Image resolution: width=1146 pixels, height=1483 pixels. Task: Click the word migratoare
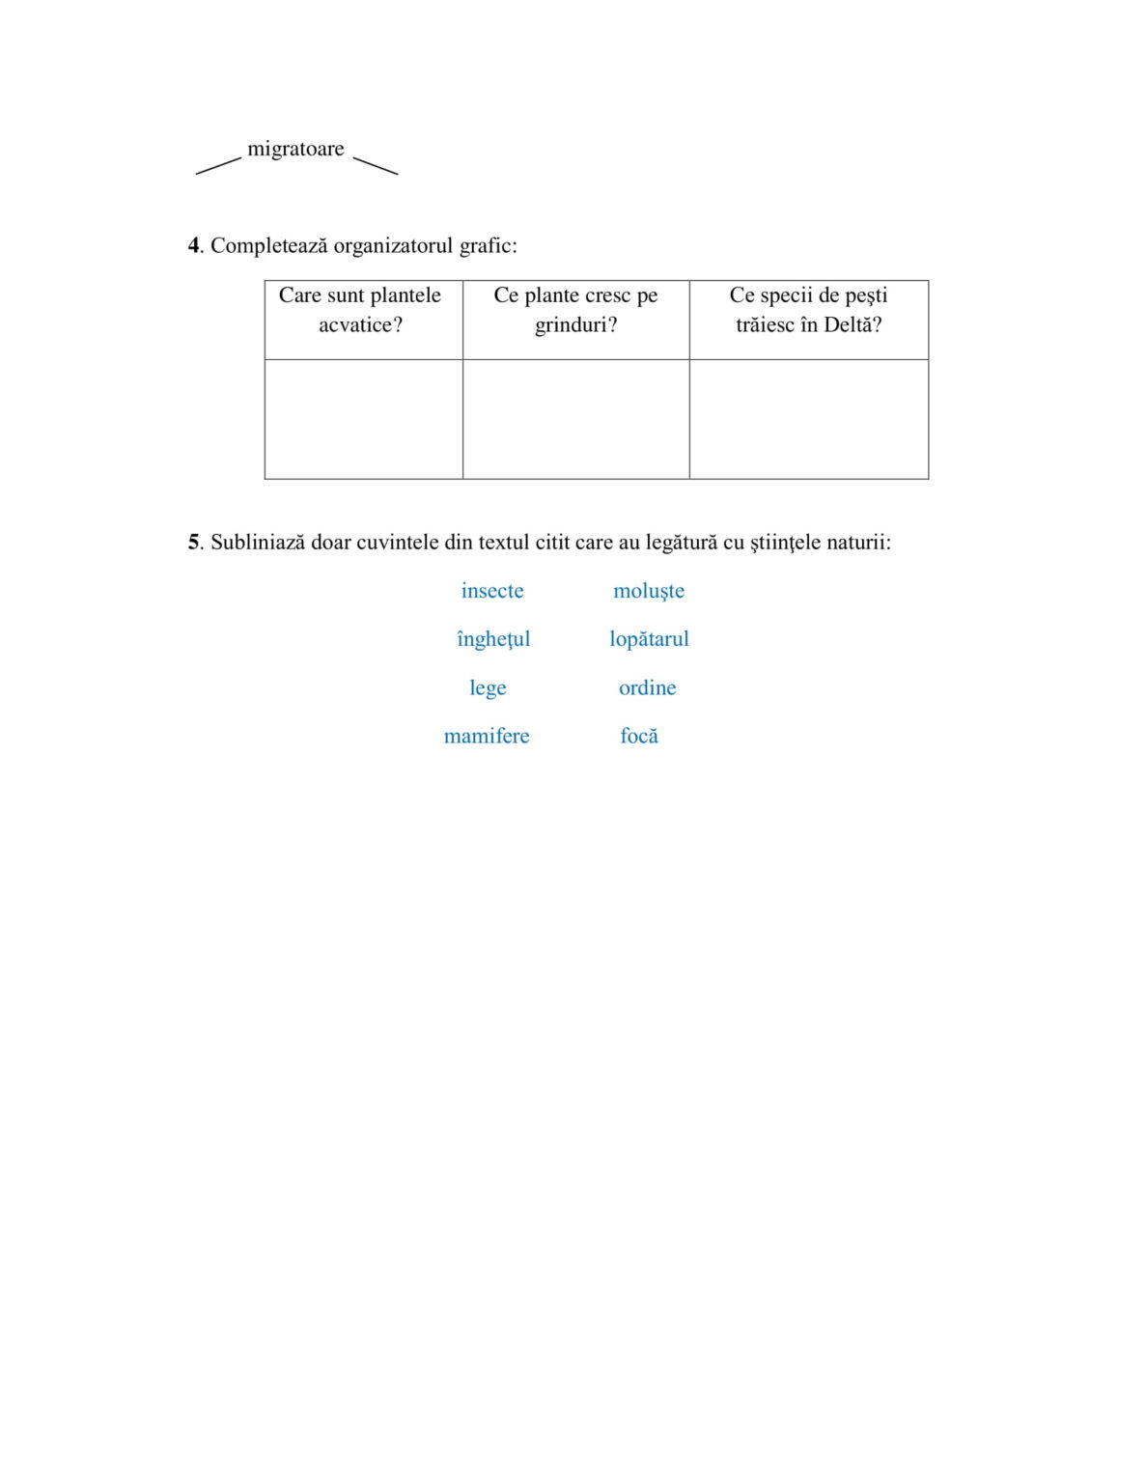(x=295, y=149)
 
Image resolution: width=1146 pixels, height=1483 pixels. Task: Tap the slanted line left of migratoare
(x=218, y=166)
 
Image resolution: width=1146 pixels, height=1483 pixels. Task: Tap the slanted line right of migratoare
(x=376, y=166)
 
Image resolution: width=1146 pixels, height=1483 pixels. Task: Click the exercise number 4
(x=193, y=246)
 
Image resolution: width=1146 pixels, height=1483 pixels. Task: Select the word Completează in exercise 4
(x=268, y=246)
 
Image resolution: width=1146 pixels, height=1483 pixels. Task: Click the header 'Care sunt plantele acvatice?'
(x=360, y=310)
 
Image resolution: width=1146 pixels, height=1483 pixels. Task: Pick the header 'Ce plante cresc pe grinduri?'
(x=575, y=310)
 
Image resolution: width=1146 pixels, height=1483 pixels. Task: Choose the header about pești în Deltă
(x=808, y=310)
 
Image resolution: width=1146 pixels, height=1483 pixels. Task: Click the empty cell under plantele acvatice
(x=364, y=419)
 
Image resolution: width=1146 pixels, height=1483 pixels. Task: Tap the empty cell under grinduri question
(x=575, y=419)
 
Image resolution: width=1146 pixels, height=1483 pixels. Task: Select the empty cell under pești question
(x=808, y=419)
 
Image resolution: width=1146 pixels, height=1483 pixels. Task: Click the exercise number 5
(x=193, y=543)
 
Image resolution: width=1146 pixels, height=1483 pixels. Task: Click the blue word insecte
(x=492, y=591)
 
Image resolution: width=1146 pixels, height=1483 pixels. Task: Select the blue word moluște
(x=649, y=591)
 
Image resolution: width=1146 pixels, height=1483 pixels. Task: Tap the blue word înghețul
(x=493, y=639)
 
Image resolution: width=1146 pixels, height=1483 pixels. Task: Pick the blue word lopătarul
(x=649, y=639)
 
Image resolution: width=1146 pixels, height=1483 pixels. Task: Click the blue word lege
(x=488, y=688)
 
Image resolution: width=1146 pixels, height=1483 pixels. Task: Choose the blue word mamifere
(x=487, y=737)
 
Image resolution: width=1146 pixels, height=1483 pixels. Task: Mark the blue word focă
(x=639, y=737)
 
